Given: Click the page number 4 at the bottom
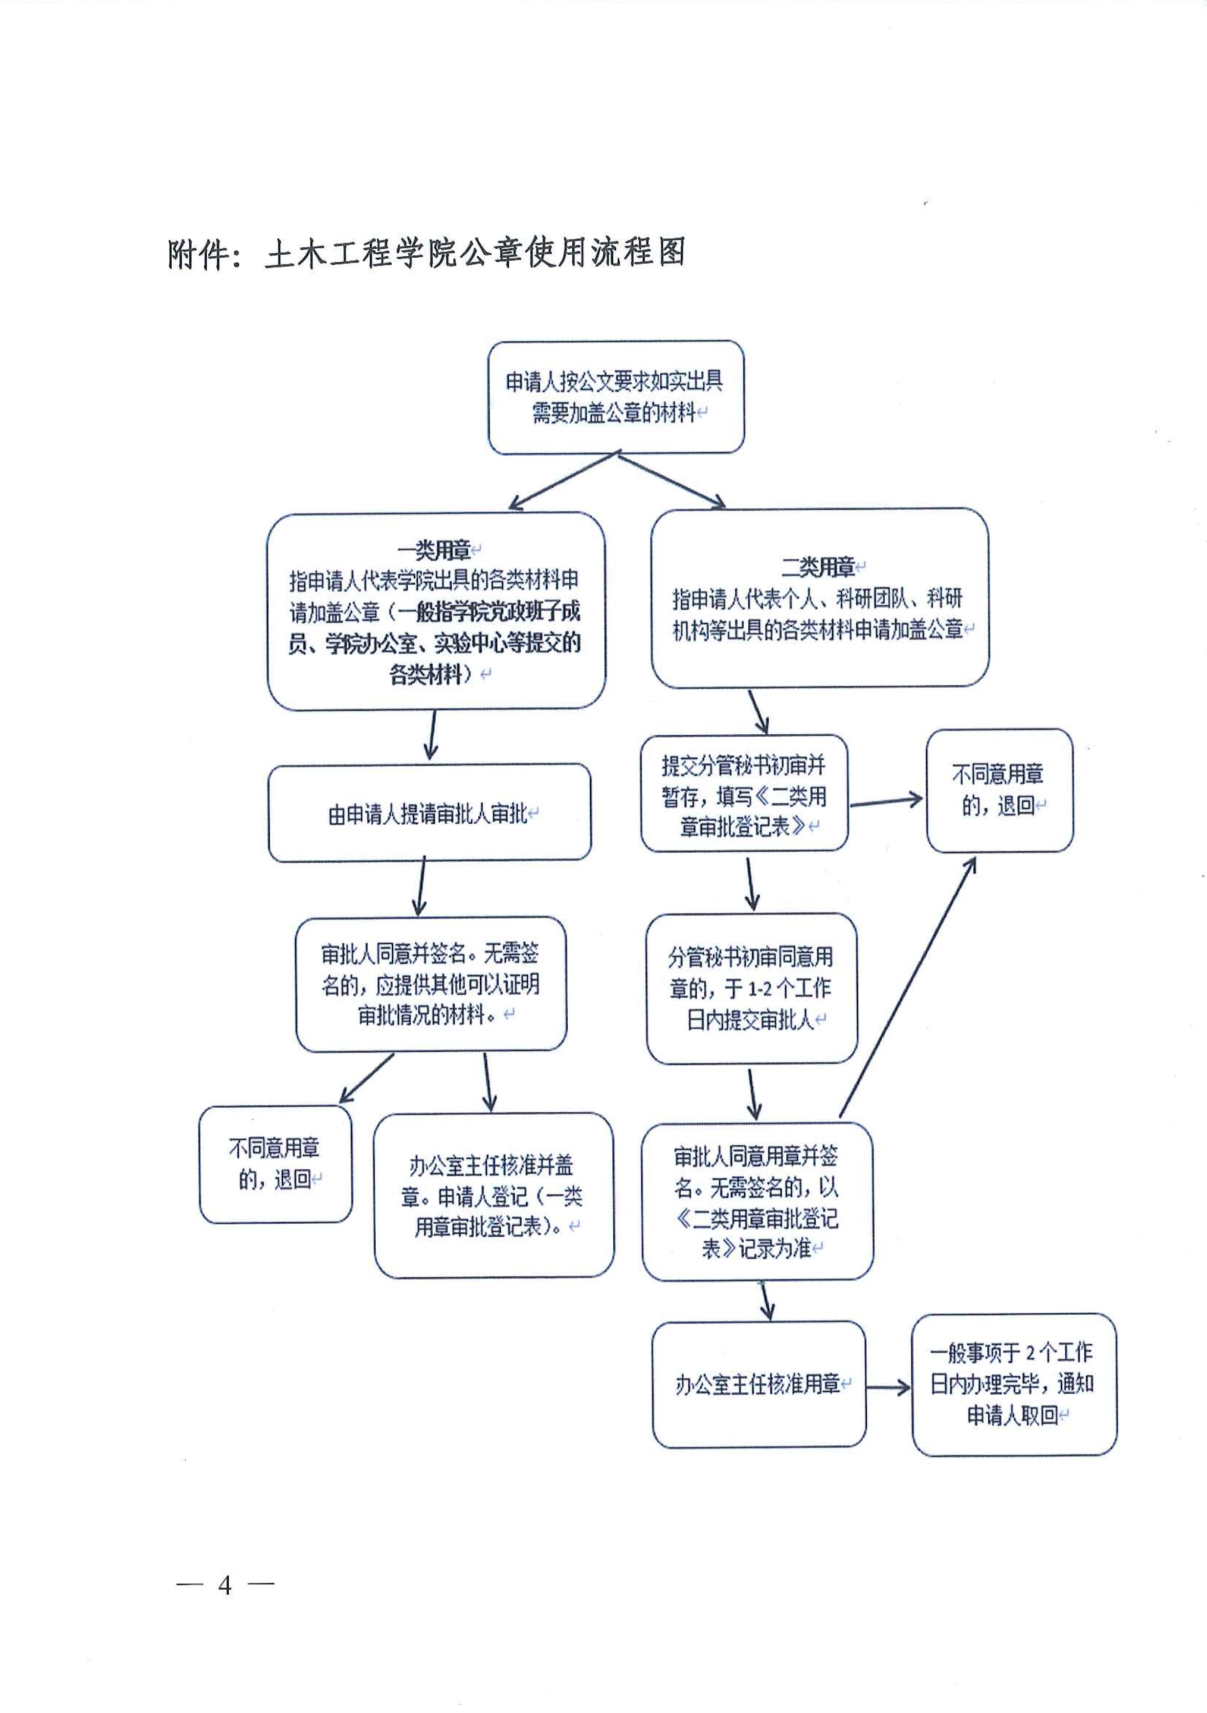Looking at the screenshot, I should (x=224, y=1585).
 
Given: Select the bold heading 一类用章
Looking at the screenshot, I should (x=434, y=550).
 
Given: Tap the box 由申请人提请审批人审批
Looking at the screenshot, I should (x=429, y=813).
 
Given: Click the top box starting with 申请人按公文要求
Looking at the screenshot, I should (x=616, y=397).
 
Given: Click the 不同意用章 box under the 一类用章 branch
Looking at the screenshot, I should (x=275, y=1164).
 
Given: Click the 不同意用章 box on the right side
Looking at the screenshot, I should (x=999, y=790).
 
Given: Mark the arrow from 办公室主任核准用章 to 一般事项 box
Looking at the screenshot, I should (x=888, y=1388).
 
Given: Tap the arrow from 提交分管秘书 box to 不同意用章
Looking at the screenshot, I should (x=886, y=802).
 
